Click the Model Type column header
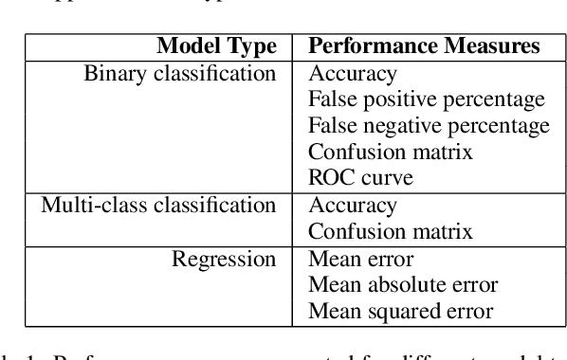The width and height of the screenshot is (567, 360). [x=216, y=46]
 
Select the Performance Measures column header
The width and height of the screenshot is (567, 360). [x=425, y=46]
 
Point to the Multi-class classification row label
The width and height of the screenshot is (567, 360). [x=158, y=205]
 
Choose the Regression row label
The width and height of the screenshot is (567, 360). [x=224, y=259]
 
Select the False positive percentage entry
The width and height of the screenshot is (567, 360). [x=427, y=99]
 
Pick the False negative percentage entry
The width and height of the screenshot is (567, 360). [x=430, y=125]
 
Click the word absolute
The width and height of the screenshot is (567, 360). [x=397, y=284]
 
